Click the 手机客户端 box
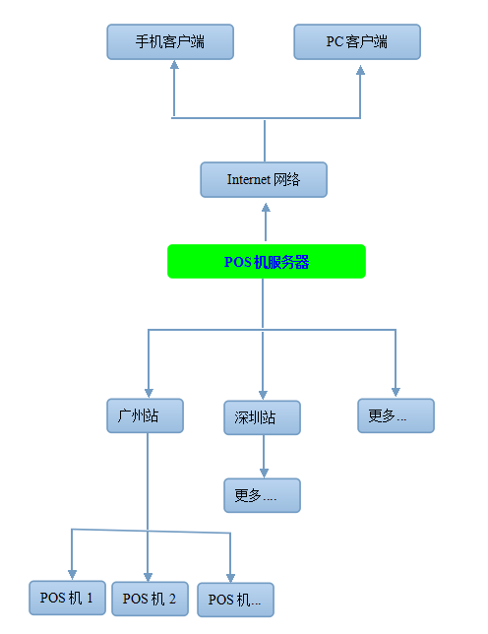[170, 42]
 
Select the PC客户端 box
[357, 42]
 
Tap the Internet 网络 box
[264, 180]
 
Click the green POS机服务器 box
[267, 261]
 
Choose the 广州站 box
[145, 415]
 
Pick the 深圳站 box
[262, 417]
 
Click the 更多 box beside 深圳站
[396, 415]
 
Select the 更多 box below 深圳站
[262, 495]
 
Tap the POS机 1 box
[67, 598]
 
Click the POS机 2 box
[150, 599]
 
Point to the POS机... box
[235, 601]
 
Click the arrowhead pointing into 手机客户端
[174, 65]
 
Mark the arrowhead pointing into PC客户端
[360, 70]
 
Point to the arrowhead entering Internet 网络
[266, 208]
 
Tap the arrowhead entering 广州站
[149, 393]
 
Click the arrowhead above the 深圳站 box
[263, 395]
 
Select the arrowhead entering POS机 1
[72, 575]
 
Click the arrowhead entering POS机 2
[148, 577]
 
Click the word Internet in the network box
[249, 179]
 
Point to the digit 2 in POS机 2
[172, 599]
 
